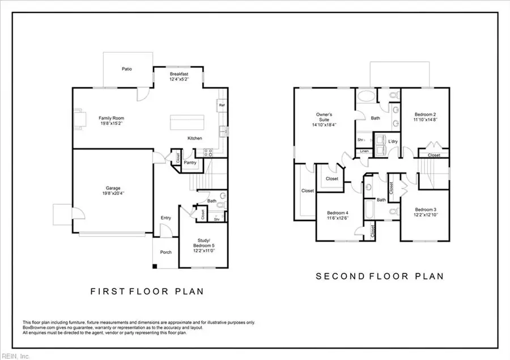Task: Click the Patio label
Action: click(x=127, y=69)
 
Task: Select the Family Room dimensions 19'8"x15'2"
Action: click(x=111, y=123)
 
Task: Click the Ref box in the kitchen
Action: click(x=220, y=105)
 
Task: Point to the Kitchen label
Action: click(x=195, y=138)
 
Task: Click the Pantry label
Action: click(x=190, y=162)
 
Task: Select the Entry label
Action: click(x=165, y=218)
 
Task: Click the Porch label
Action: click(x=165, y=253)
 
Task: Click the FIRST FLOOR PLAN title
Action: click(x=147, y=291)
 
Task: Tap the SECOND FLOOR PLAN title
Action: click(x=380, y=276)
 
